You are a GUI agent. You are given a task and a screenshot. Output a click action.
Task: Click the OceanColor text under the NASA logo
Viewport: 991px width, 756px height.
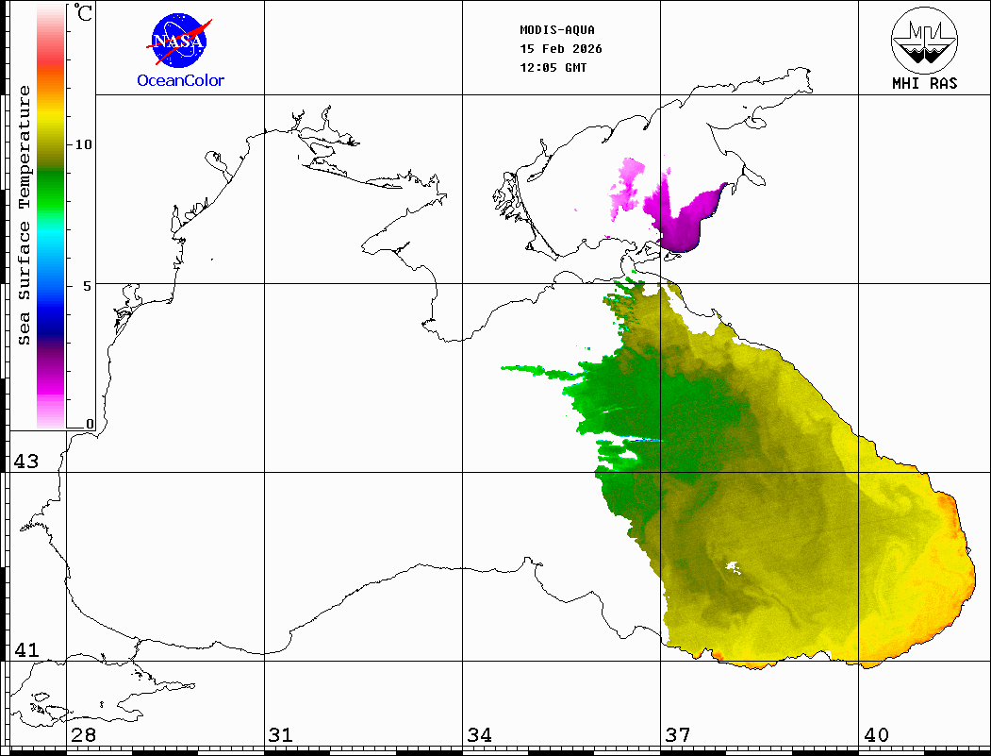(181, 81)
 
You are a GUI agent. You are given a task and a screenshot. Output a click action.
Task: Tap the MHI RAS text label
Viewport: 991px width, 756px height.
(924, 83)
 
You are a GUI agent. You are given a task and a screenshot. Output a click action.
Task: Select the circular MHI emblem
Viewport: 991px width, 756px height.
(924, 39)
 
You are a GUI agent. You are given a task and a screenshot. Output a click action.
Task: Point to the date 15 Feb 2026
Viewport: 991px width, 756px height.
(561, 48)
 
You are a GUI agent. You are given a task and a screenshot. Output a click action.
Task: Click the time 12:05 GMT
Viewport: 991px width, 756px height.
(553, 67)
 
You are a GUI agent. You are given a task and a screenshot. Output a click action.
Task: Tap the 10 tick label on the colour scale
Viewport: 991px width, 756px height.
(84, 144)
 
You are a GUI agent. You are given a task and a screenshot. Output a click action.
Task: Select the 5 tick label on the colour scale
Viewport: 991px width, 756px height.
(87, 285)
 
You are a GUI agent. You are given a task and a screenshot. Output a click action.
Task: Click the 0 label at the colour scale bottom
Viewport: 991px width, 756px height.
(90, 425)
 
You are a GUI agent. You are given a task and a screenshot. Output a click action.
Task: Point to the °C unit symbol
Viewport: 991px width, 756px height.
(84, 13)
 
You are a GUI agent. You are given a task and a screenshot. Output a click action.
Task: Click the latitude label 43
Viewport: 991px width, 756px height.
(25, 462)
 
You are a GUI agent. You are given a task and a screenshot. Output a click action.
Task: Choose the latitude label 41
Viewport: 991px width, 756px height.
(25, 650)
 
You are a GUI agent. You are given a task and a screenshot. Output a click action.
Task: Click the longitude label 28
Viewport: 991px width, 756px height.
(83, 735)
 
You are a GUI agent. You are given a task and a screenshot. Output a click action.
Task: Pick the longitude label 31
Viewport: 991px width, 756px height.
(280, 735)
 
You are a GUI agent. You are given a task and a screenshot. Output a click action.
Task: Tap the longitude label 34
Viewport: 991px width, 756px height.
(479, 735)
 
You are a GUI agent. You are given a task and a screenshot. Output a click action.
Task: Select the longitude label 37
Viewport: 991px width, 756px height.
(677, 735)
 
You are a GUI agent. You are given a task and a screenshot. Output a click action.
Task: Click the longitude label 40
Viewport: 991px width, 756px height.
(875, 735)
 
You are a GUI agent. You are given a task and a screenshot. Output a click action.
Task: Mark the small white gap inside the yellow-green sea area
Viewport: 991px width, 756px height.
(731, 566)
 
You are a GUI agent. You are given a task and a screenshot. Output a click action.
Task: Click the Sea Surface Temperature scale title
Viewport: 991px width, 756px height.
(25, 215)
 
